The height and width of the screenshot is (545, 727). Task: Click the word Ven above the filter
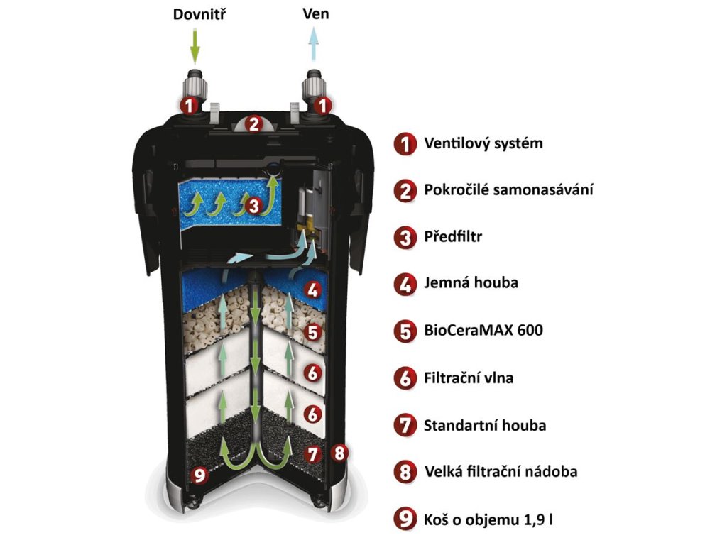315,14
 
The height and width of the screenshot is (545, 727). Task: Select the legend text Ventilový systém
483,144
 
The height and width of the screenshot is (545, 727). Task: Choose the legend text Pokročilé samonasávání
508,190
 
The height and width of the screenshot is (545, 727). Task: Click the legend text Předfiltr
452,237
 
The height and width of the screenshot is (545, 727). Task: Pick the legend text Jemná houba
471,283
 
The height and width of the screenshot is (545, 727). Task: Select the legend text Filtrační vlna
468,378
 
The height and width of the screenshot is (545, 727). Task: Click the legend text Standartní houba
485,426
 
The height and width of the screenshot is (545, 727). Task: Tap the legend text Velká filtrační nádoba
501,472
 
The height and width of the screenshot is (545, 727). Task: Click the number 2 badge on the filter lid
253,124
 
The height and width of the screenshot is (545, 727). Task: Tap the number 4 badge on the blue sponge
313,290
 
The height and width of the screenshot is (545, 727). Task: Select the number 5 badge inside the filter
313,331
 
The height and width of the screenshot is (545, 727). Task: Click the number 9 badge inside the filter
201,475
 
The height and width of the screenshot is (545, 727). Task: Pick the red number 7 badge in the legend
405,426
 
